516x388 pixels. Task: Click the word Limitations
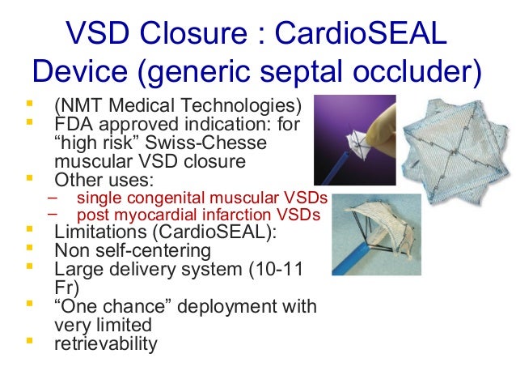95,233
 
